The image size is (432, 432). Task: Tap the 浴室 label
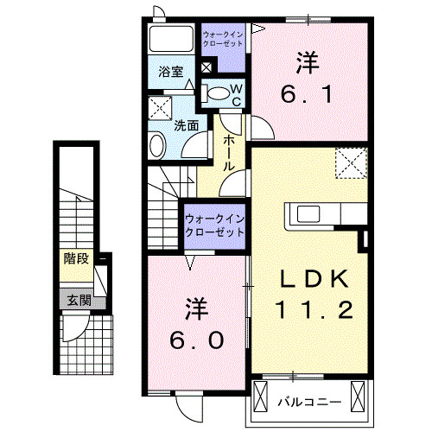[171, 73]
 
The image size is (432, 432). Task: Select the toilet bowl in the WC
[219, 92]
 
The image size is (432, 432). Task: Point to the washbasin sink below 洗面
[158, 144]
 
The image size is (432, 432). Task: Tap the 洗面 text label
[187, 124]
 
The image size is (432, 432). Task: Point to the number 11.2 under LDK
[314, 309]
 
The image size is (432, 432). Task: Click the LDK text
[314, 278]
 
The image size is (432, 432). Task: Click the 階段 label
[76, 259]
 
